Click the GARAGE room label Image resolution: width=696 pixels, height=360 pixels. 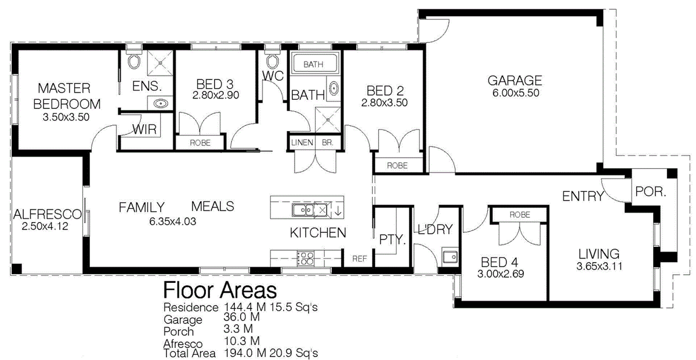point(514,80)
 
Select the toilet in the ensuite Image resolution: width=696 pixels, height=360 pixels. point(133,61)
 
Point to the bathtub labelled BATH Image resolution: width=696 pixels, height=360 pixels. point(314,64)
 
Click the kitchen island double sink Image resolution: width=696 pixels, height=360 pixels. point(303,209)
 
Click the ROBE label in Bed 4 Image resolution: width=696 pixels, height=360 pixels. point(519,214)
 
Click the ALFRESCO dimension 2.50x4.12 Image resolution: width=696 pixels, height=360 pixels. point(45,227)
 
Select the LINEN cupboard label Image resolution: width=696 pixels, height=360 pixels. point(302,143)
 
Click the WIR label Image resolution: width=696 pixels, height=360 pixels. point(145,130)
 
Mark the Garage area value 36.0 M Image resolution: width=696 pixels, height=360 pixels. point(241,318)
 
